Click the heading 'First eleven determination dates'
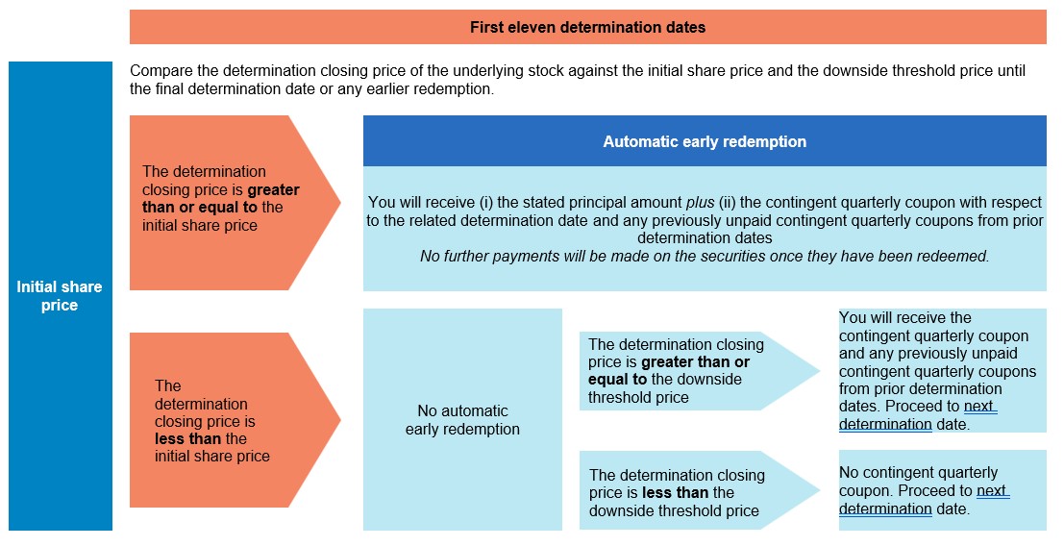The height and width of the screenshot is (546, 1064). pyautogui.click(x=587, y=27)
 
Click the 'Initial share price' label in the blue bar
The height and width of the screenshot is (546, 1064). pyautogui.click(x=60, y=296)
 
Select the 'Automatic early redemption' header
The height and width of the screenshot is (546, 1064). pyautogui.click(x=705, y=141)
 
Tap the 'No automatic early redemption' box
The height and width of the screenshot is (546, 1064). pyautogui.click(x=462, y=419)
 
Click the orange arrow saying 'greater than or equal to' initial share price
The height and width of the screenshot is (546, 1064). pyautogui.click(x=235, y=202)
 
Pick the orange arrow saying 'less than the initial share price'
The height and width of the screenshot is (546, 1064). pyautogui.click(x=235, y=420)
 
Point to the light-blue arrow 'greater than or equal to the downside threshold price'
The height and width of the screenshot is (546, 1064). pyautogui.click(x=699, y=371)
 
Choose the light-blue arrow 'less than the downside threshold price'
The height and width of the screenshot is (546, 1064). pyautogui.click(x=699, y=489)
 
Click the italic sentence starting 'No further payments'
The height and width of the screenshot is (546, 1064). pyautogui.click(x=705, y=256)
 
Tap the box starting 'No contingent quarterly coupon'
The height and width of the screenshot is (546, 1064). pyautogui.click(x=943, y=489)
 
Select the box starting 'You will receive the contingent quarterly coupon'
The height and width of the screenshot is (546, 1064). pyautogui.click(x=943, y=370)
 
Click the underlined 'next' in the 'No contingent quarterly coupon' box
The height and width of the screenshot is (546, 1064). pyautogui.click(x=993, y=490)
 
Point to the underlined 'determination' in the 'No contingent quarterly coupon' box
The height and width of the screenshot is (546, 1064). pyautogui.click(x=885, y=508)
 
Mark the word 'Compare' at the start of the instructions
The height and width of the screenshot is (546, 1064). pyautogui.click(x=158, y=71)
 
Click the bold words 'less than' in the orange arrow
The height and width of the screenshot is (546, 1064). pyautogui.click(x=187, y=439)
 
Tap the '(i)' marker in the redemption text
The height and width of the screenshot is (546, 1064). pyautogui.click(x=486, y=202)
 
